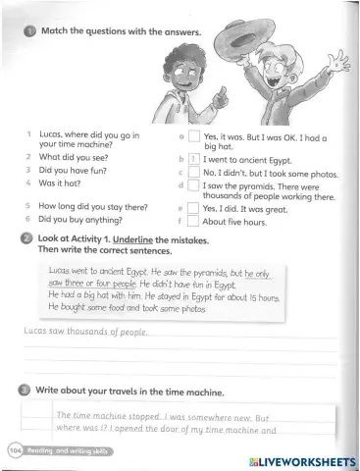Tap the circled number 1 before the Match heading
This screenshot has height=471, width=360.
(x=30, y=32)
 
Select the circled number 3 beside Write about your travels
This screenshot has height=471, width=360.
(x=26, y=391)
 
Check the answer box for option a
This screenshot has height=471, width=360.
(x=194, y=137)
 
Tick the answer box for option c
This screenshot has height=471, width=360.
(x=194, y=172)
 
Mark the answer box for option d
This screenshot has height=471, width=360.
(x=194, y=184)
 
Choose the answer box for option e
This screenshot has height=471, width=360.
(x=194, y=208)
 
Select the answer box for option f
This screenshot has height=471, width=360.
(x=194, y=221)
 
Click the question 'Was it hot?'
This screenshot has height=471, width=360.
(x=61, y=183)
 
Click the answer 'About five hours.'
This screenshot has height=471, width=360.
(x=234, y=222)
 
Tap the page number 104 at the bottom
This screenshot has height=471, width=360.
(x=16, y=449)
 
